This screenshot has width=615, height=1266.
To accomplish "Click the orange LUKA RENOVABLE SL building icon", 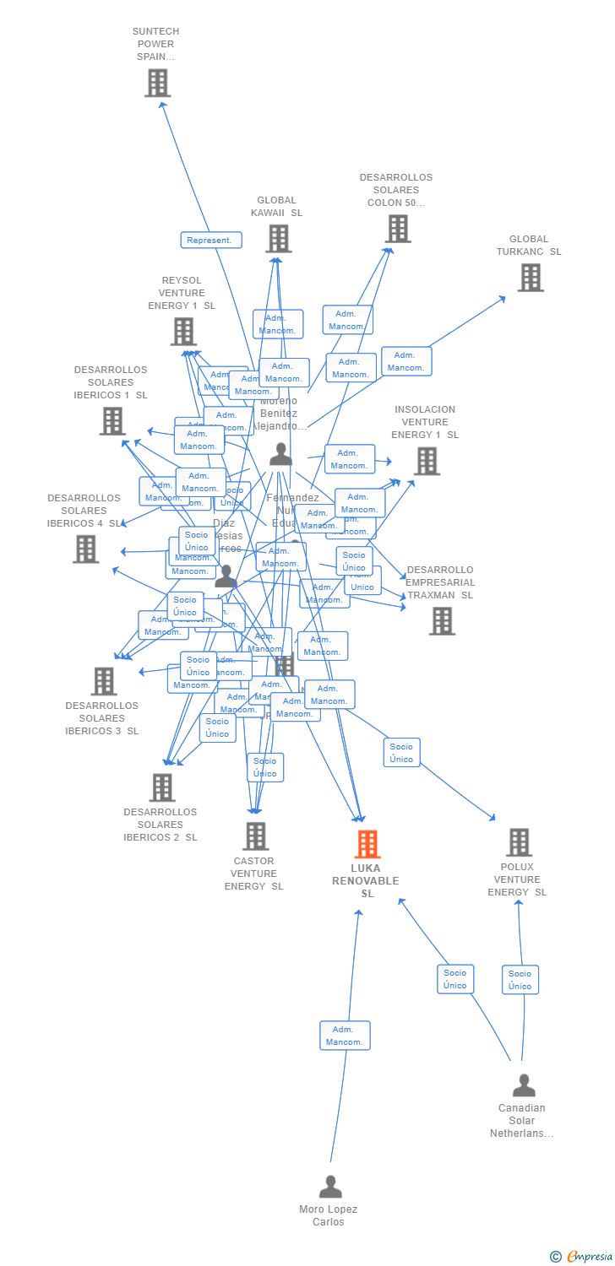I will point(367,843).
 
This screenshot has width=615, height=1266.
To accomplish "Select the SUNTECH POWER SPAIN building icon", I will point(157,83).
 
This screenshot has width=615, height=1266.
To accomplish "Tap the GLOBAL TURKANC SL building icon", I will point(531,277).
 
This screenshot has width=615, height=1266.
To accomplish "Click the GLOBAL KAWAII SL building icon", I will point(278,239).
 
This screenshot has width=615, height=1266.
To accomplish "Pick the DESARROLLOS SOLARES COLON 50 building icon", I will point(397,228).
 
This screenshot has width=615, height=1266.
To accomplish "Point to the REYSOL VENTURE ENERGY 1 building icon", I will point(182,332).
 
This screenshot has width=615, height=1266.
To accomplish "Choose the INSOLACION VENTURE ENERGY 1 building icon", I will point(427,461).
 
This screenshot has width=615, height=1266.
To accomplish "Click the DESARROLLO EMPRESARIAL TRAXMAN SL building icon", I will point(441,620).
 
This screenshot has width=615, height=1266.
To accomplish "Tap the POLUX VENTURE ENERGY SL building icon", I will point(518,841).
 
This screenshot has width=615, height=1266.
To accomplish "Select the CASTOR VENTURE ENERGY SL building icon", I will point(255,836).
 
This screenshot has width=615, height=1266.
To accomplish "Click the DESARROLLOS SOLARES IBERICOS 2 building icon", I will point(161,787).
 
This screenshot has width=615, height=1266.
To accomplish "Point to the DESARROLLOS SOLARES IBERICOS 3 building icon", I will point(103,681).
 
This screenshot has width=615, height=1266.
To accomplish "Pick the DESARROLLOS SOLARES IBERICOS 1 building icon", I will point(112,420).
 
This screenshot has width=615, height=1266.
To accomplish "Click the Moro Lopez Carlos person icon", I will point(330,1186).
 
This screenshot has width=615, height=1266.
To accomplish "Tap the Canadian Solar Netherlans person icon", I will point(524,1085).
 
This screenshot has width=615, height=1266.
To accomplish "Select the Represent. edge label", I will point(211,241).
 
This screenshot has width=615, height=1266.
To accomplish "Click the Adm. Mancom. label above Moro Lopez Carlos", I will point(345,1036).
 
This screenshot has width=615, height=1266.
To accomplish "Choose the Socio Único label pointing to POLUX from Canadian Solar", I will point(520,980).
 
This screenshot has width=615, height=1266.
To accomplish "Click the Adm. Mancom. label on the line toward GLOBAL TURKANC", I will point(406,361).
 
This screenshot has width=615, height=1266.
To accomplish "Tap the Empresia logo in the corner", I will point(581,1257).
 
